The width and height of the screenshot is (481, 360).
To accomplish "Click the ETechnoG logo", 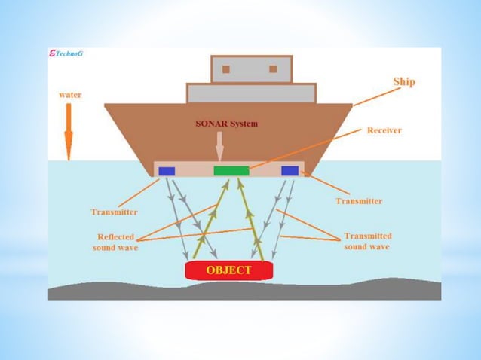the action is (x=66, y=53).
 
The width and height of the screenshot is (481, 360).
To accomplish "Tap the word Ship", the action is (x=404, y=82).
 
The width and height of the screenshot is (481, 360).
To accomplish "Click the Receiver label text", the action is (x=384, y=130).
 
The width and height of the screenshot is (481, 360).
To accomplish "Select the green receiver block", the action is (x=231, y=171).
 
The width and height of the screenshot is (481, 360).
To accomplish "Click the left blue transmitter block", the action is (x=167, y=171).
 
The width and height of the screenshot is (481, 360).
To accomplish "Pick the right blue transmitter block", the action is (x=290, y=171).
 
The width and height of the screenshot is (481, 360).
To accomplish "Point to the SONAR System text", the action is (x=227, y=124).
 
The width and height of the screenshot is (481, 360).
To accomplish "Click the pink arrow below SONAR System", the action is (x=219, y=146).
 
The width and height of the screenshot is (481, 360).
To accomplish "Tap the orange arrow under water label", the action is (x=69, y=132).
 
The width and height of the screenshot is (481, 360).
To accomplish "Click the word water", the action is (x=70, y=95).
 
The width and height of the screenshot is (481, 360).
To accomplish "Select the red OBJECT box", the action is (x=229, y=270).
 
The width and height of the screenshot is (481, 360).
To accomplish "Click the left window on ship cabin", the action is (x=226, y=69).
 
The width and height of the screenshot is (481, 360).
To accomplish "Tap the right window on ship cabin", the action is (x=274, y=69).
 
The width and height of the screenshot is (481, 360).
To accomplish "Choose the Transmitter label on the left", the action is (x=114, y=212).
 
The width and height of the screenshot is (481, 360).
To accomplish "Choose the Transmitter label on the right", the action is (x=359, y=201).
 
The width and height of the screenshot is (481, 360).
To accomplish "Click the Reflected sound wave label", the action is (x=115, y=242).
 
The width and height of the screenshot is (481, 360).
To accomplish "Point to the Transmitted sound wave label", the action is (x=368, y=241).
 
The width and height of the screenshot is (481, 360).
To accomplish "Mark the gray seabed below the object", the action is (x=244, y=291).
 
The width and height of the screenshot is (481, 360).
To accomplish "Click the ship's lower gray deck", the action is (x=252, y=93).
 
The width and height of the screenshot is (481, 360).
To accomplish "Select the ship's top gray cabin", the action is (x=252, y=69).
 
